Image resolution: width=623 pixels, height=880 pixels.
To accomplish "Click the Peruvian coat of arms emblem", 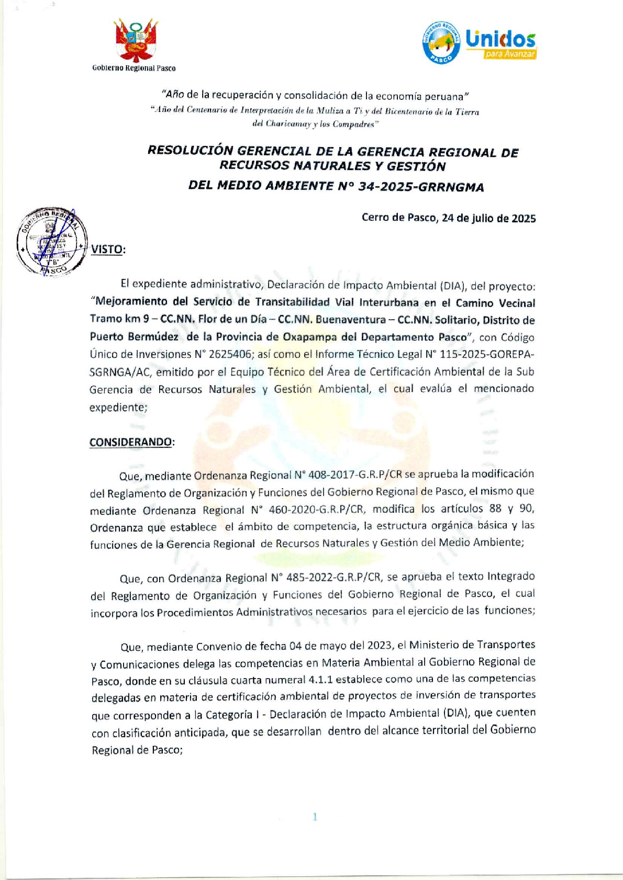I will (136, 40).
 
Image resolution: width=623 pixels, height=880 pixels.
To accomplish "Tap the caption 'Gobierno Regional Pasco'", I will (134, 68).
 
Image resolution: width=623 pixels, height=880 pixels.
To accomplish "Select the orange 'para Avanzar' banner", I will (509, 54).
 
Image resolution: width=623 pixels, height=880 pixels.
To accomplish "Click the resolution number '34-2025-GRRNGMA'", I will (421, 187).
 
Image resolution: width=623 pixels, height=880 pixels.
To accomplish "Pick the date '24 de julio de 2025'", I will (488, 218).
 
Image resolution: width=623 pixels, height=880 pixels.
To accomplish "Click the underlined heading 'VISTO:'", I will (108, 249).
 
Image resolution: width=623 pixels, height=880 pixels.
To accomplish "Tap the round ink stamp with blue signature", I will (51, 242).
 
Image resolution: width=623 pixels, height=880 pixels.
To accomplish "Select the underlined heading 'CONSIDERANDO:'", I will (132, 442).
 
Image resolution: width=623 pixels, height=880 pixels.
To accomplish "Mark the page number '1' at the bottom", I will (315, 817).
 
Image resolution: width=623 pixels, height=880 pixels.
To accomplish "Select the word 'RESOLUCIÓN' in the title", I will (190, 151).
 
